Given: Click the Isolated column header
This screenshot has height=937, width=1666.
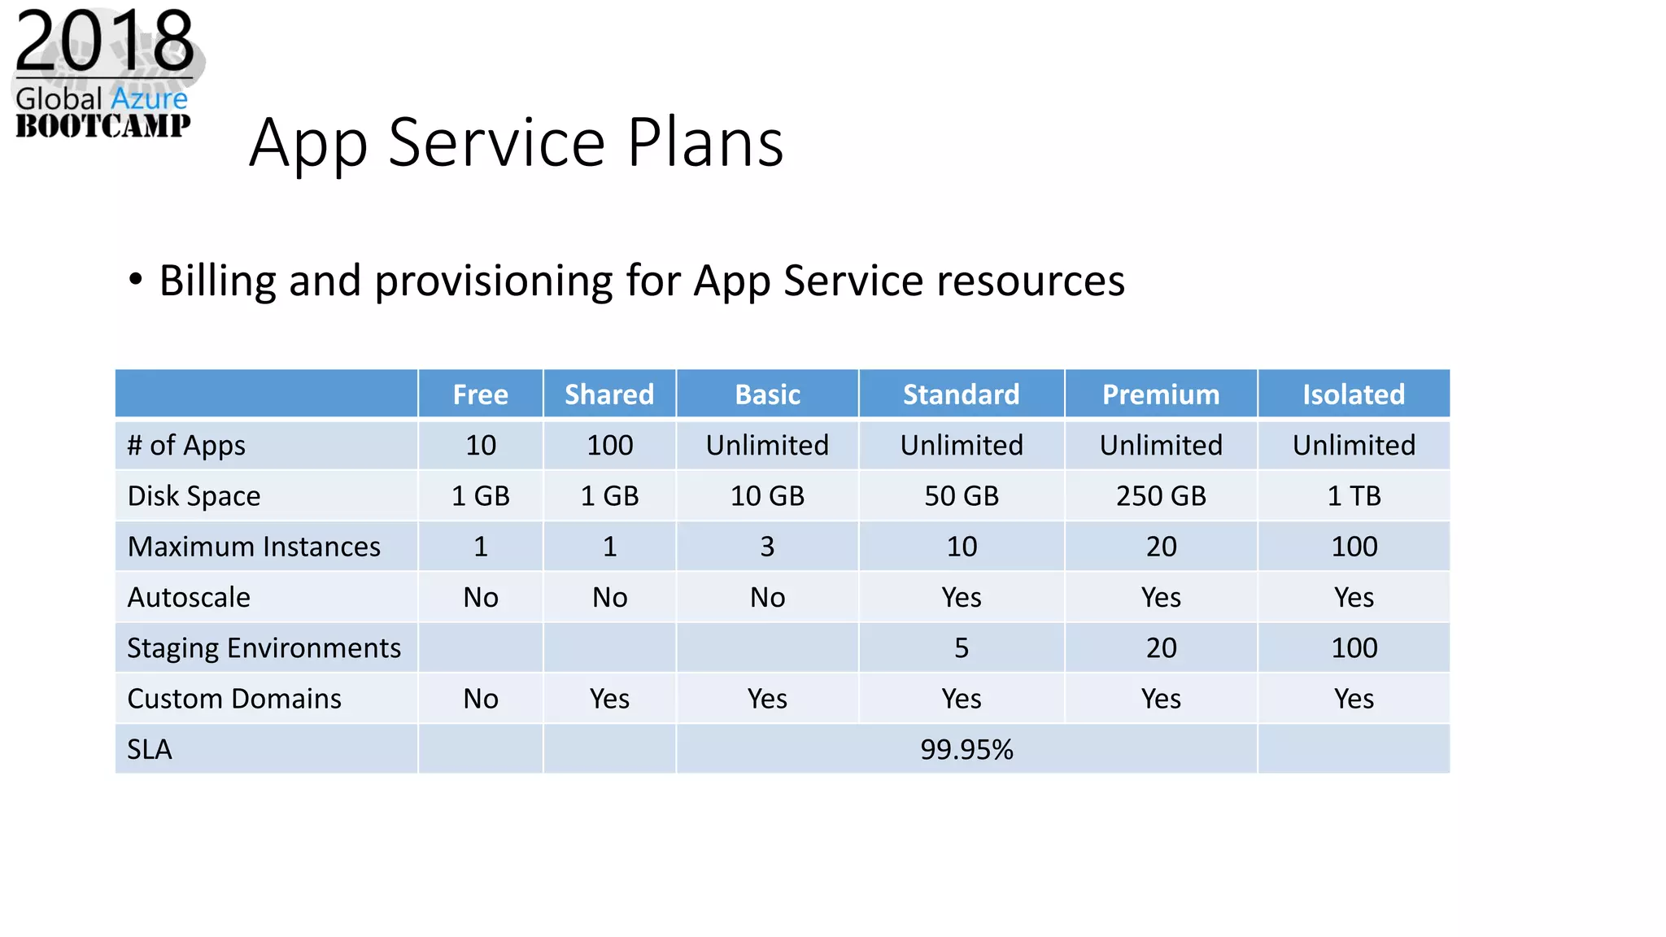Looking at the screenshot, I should pyautogui.click(x=1353, y=394).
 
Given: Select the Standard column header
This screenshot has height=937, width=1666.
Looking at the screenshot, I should pyautogui.click(x=961, y=394).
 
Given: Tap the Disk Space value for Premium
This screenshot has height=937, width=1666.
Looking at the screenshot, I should pyautogui.click(x=1161, y=495).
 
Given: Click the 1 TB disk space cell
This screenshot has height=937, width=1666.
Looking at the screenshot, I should pyautogui.click(x=1354, y=495).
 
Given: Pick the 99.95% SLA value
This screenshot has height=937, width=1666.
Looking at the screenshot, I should pyautogui.click(x=966, y=749).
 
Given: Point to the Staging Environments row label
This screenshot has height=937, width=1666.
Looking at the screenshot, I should pyautogui.click(x=264, y=648).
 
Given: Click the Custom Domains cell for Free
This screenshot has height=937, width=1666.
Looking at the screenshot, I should pyautogui.click(x=481, y=699).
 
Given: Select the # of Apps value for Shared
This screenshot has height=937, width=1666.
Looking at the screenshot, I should pyautogui.click(x=609, y=445).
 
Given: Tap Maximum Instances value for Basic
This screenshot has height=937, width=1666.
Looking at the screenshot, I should pyautogui.click(x=767, y=547).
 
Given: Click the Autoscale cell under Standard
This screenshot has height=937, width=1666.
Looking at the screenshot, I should pyautogui.click(x=961, y=598).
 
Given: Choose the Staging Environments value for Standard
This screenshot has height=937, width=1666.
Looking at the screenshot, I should pyautogui.click(x=961, y=648).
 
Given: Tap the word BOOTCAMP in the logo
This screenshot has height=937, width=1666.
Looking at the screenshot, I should pyautogui.click(x=103, y=126).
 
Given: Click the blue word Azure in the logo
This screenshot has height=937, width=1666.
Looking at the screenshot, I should pyautogui.click(x=149, y=99).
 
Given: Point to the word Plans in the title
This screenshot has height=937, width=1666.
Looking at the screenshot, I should pyautogui.click(x=705, y=143).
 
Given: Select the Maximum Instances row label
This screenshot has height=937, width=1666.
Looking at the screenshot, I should pyautogui.click(x=254, y=547).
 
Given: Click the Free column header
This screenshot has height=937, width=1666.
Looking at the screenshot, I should pyautogui.click(x=480, y=394).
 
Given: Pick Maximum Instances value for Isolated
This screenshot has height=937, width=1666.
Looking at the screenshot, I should pyautogui.click(x=1354, y=547).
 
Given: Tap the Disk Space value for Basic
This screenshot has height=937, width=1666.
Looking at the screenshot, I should pyautogui.click(x=767, y=495).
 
